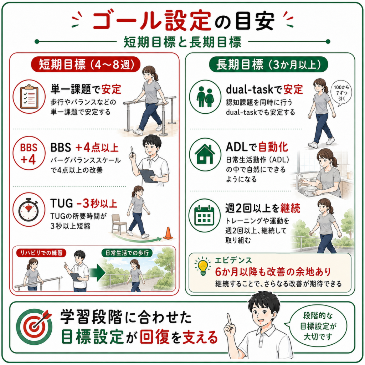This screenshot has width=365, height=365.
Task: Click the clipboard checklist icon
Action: [x=29, y=97]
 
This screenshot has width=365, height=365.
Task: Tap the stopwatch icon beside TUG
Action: [x=29, y=210]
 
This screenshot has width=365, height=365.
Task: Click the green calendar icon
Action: [x=204, y=215]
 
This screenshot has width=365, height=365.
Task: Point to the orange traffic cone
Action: [x=168, y=233]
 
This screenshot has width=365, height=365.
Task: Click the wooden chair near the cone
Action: [x=118, y=223]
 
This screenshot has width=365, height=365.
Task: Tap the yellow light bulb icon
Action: [x=203, y=267]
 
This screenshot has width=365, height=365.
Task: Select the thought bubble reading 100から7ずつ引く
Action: [x=341, y=94]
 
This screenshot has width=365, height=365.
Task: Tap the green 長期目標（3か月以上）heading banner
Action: [x=268, y=64]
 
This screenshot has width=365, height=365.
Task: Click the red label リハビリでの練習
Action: [x=41, y=253]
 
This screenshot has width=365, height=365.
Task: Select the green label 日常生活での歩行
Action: [x=127, y=253]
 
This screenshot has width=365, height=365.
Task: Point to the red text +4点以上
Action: [x=97, y=148]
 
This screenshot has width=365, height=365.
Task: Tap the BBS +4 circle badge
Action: [x=29, y=154]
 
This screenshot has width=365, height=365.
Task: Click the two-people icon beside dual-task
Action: [x=205, y=97]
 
